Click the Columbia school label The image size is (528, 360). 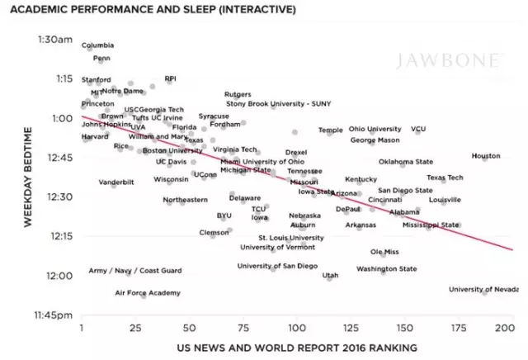pyautogui.click(x=98, y=45)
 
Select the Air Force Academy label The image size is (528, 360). pyautogui.click(x=148, y=293)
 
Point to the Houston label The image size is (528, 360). pyautogui.click(x=486, y=156)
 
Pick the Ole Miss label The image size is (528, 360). pyautogui.click(x=384, y=252)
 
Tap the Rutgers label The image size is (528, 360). pyautogui.click(x=238, y=95)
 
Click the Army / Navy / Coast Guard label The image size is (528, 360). pyautogui.click(x=135, y=271)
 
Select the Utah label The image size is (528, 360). pyautogui.click(x=330, y=276)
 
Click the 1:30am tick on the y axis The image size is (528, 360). pyautogui.click(x=56, y=40)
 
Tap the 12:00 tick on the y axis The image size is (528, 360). pyautogui.click(x=61, y=276)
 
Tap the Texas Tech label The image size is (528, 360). pyautogui.click(x=445, y=178)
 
